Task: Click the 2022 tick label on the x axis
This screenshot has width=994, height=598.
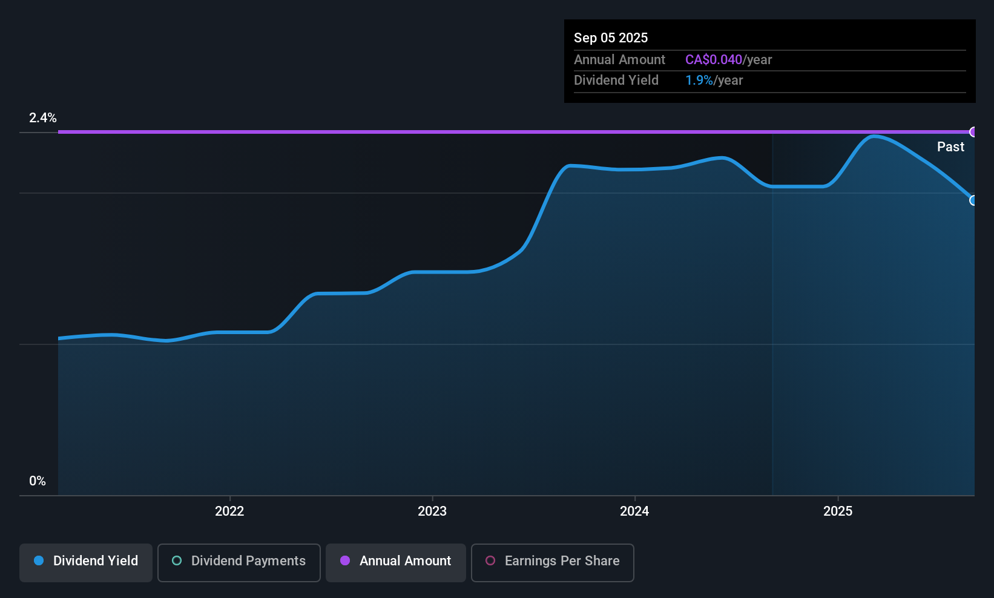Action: pos(229,511)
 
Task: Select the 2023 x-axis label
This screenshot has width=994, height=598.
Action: pos(432,511)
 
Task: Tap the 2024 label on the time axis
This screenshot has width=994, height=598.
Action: pos(634,511)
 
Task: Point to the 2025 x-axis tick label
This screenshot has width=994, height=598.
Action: pos(838,511)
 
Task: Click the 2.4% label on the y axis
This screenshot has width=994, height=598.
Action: pos(43,118)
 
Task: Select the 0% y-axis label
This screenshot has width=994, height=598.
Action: pos(38,481)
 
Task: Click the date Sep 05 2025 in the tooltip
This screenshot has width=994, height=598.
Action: pos(611,38)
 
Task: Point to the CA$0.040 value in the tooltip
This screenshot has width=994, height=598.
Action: pos(714,60)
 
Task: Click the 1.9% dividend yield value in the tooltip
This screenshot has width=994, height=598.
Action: pos(699,80)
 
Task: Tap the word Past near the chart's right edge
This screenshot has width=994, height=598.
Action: pos(950,147)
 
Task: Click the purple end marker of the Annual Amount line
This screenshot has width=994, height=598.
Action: pos(973,132)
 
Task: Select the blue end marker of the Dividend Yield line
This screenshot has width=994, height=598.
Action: pos(973,200)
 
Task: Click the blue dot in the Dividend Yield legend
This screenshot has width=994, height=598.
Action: pos(39,561)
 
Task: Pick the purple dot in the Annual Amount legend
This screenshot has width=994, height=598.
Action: pos(345,561)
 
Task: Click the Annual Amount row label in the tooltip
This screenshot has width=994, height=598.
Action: pos(619,60)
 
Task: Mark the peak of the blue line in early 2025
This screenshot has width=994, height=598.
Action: pos(874,136)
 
